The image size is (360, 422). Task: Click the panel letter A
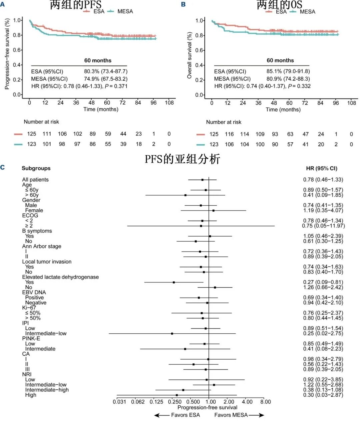coord(3,4)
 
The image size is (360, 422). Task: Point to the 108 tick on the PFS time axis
coord(169,103)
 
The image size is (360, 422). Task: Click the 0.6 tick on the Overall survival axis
coord(199,50)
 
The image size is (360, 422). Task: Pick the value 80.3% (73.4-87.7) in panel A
coord(106,71)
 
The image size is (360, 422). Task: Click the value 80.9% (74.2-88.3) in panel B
coord(288,79)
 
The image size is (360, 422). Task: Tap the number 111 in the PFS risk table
coord(47,134)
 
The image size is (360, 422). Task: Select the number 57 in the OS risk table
coord(290,144)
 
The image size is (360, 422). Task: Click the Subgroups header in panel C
coord(36,168)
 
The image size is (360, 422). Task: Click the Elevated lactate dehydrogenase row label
coord(60,277)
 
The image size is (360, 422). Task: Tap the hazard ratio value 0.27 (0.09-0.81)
coord(323,282)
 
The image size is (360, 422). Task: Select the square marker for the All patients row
coord(202,180)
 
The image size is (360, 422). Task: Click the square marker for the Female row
coord(213,210)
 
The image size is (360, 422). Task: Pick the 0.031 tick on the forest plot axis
coord(119,402)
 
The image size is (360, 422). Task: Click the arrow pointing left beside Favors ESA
coord(161,415)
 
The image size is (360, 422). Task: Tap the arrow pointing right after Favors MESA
coord(257,415)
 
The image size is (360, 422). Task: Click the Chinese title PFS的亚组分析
coord(182,159)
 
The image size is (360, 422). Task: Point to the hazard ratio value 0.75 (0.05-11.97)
coord(323,226)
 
